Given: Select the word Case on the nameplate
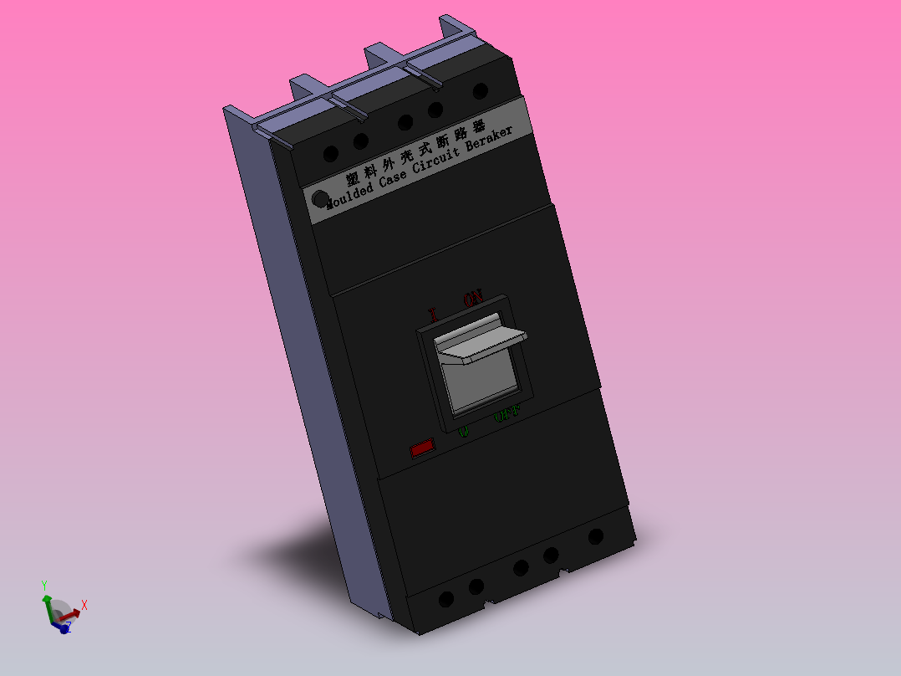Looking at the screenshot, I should coord(394,178).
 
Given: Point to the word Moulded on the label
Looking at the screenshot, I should coord(350,195).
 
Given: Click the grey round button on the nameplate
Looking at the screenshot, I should coord(319,199).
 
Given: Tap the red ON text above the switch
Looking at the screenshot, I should coord(473,297).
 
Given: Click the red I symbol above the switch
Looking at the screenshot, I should coord(433,315).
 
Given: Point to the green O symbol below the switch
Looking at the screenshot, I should coord(463,432).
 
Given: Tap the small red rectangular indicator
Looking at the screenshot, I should coord(422,448).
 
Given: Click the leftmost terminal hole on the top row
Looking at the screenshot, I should coord(331,154).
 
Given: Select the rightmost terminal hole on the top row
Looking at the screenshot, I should coord(480,91).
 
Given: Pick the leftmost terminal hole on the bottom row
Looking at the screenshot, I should coord(446,599).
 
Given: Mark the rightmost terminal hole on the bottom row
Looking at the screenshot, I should coord(596,536).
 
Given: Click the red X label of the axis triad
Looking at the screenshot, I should coord(84,605).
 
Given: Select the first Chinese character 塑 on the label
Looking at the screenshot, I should coord(352,179).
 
